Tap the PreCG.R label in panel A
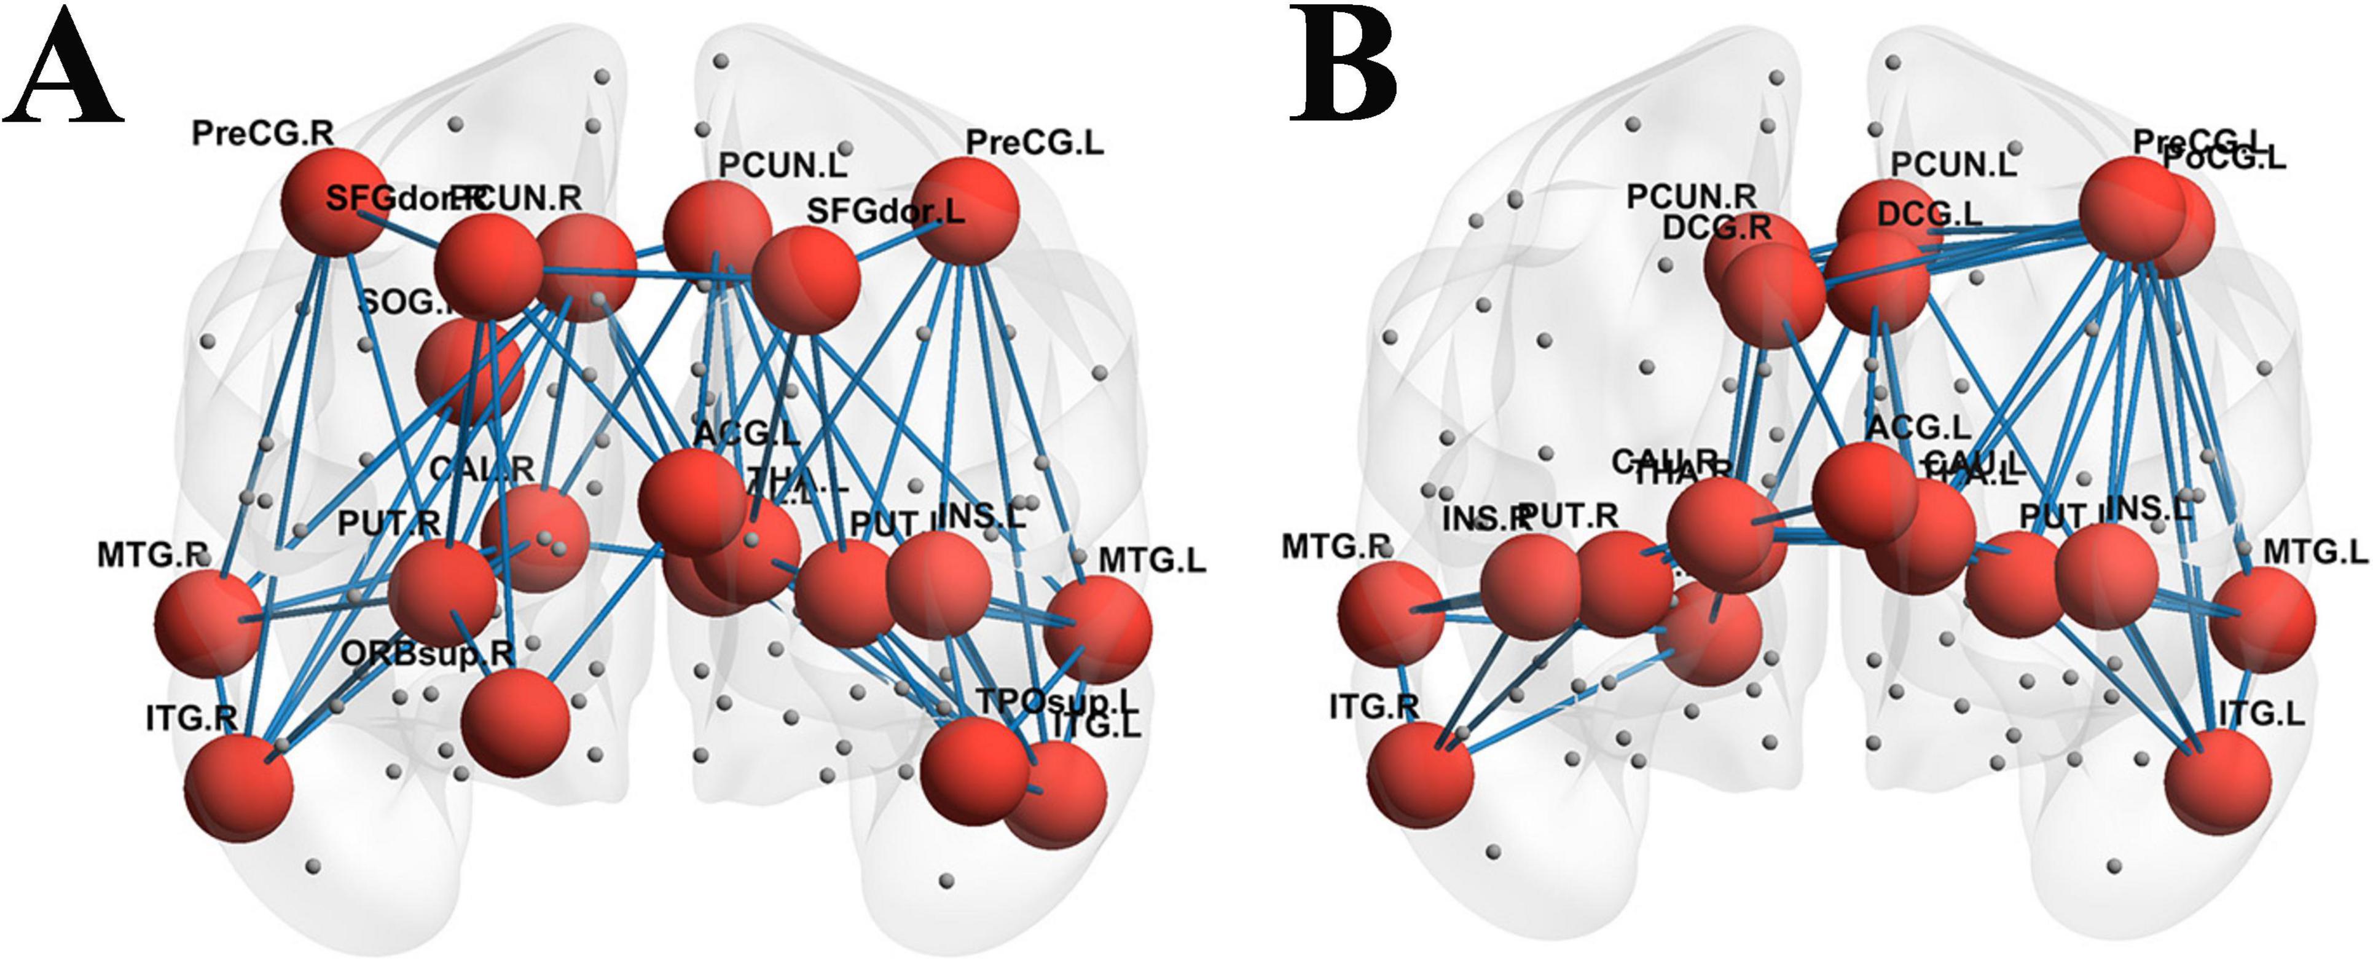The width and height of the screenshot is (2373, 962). pyautogui.click(x=262, y=133)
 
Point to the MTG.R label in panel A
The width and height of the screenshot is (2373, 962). pyautogui.click(x=152, y=556)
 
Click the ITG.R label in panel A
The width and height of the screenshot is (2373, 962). pyautogui.click(x=190, y=718)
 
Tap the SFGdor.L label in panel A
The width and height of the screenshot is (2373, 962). pyautogui.click(x=885, y=212)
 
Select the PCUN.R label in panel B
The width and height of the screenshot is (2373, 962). pyautogui.click(x=1690, y=196)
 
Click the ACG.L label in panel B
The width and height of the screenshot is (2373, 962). pyautogui.click(x=1918, y=427)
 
